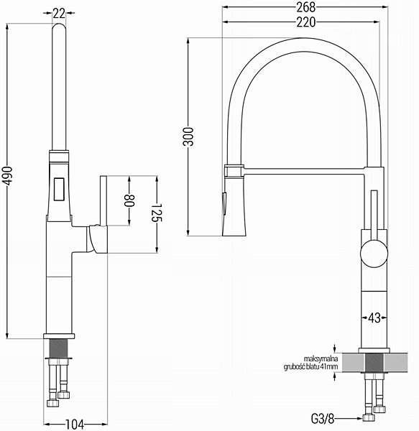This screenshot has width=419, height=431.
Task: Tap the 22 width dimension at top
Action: click(59, 13)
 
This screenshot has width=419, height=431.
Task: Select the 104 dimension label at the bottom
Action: click(75, 425)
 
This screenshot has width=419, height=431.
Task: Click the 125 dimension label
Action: click(157, 213)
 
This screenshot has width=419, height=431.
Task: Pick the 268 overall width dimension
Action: click(305, 7)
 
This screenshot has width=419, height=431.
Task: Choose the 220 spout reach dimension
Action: click(305, 22)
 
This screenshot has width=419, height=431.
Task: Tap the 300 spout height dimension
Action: click(188, 136)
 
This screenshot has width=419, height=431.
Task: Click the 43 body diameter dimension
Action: click(374, 318)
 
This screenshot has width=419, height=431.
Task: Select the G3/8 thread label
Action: click(323, 419)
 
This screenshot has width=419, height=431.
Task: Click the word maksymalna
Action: click(321, 358)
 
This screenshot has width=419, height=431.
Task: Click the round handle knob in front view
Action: click(374, 253)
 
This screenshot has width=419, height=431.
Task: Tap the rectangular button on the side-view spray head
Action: click(59, 189)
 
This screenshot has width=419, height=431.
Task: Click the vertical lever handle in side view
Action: click(103, 200)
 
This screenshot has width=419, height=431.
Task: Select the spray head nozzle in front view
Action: click(234, 206)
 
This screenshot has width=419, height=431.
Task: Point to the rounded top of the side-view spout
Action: click(59, 27)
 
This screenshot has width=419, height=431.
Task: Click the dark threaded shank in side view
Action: click(59, 348)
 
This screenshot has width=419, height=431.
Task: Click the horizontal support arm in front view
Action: click(304, 171)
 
